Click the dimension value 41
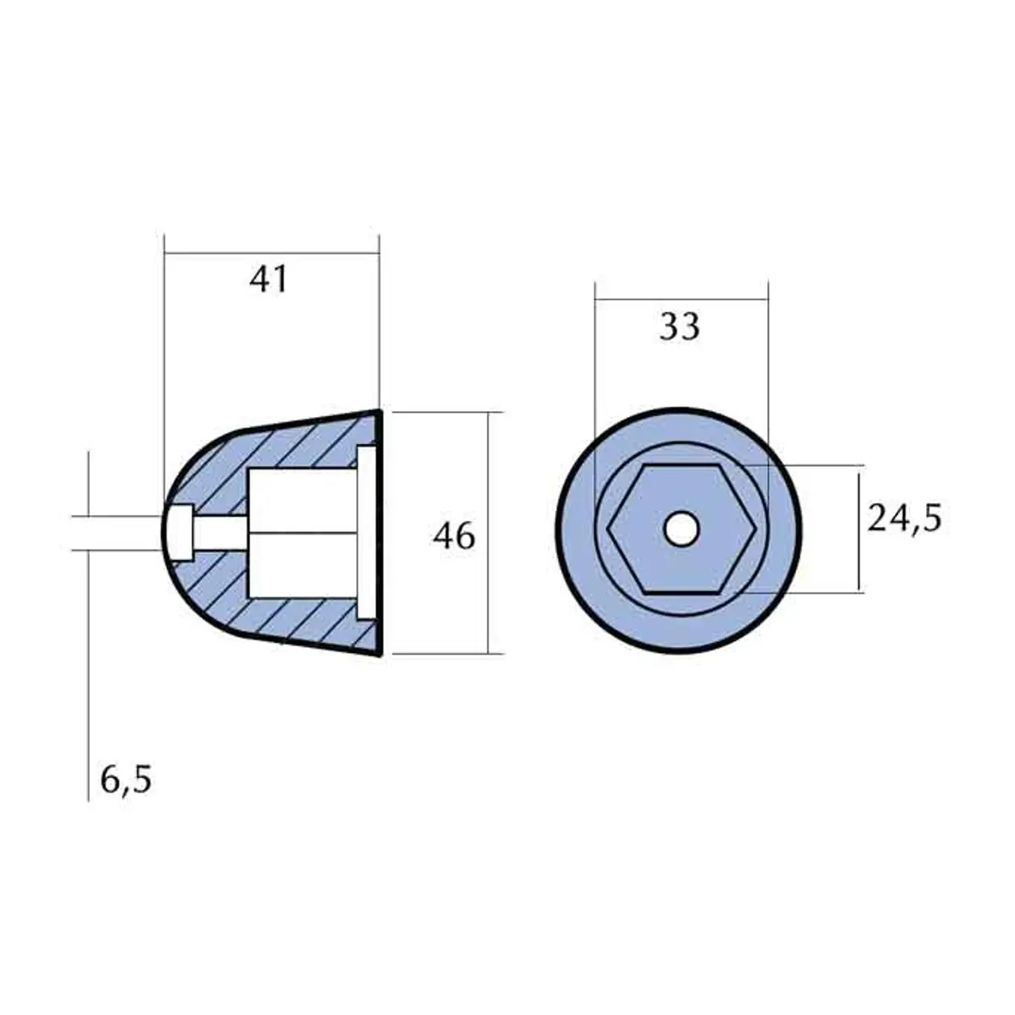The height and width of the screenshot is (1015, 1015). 269,279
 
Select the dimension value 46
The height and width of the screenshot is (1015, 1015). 454,536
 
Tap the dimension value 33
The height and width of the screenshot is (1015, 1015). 680,326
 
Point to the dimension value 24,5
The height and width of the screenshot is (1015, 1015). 904,518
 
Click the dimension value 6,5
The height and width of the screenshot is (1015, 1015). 126,780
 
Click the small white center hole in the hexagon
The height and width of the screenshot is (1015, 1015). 681,529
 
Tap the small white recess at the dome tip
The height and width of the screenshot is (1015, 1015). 178,532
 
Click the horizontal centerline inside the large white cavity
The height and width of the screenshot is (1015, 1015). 301,533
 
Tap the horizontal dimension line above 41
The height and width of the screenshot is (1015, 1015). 272,252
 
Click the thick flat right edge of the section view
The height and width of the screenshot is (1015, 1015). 380,533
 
